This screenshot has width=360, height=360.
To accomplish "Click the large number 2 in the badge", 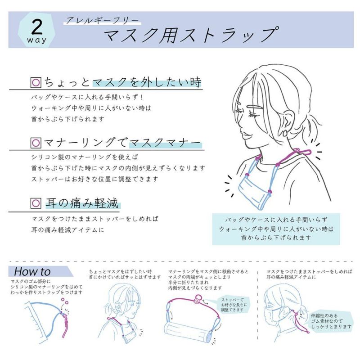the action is click(x=37, y=27).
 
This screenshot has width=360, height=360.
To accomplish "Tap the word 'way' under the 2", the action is click(x=37, y=40).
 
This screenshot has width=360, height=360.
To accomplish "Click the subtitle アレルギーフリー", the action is click(x=102, y=21).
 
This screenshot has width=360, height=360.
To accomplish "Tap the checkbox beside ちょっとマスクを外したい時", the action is click(x=36, y=82).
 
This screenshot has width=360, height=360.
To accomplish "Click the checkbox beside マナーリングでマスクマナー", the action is click(x=36, y=143).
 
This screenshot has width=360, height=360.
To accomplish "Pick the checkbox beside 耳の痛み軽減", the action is click(x=36, y=203).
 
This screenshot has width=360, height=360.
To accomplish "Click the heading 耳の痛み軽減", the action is click(x=82, y=203).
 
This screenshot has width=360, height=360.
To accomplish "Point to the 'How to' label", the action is click(x=32, y=272).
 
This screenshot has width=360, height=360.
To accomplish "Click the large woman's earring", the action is click(x=286, y=133).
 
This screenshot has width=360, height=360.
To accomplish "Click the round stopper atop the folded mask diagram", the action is click(x=197, y=300).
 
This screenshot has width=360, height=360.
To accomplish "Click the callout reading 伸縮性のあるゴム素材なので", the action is click(x=331, y=321).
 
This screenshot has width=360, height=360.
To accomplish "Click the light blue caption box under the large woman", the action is click(x=276, y=229).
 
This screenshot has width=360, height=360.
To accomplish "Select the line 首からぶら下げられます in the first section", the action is click(x=68, y=119).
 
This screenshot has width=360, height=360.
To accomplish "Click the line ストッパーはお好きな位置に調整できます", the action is click(x=94, y=179).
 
